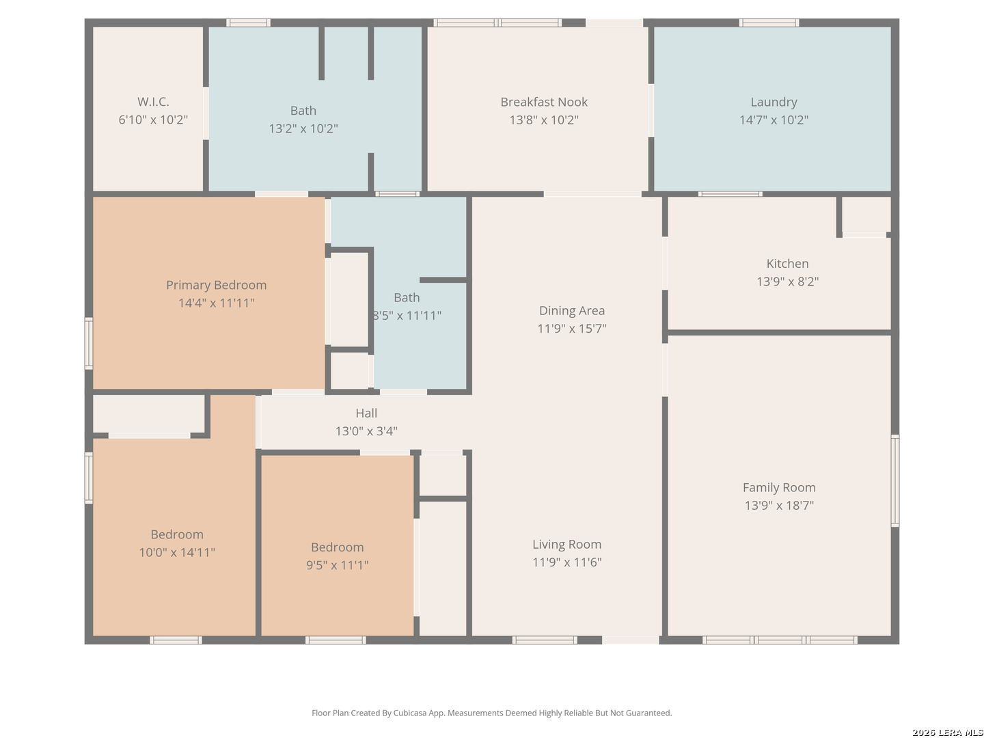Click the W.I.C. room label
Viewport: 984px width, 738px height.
[x=153, y=102]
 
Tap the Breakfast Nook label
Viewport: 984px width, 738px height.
[x=543, y=102]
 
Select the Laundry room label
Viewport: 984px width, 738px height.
[x=774, y=102]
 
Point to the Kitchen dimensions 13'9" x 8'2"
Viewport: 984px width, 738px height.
[x=787, y=282]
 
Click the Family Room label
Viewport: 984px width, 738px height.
[x=779, y=487]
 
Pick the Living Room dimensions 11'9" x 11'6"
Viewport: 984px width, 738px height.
[x=566, y=562]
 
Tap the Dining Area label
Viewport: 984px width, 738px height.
[x=571, y=310]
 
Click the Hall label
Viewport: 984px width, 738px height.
[x=366, y=413]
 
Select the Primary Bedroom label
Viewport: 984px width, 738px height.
[x=216, y=285]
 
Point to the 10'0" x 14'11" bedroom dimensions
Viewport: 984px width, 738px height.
[x=176, y=552]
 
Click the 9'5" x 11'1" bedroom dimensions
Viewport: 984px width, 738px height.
[x=337, y=564]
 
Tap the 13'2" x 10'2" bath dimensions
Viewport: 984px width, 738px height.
[x=303, y=128]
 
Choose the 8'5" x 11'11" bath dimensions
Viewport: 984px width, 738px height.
[x=407, y=316]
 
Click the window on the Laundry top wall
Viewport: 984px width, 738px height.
[x=768, y=23]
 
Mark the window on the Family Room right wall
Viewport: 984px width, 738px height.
[x=894, y=480]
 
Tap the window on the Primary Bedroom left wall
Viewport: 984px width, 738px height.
[x=89, y=344]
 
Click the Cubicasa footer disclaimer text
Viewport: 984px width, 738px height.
[x=492, y=713]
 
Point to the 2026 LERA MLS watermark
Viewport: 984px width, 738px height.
[x=947, y=732]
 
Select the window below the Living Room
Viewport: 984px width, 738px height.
[x=544, y=640]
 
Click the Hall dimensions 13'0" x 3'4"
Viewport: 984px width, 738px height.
[x=366, y=431]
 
